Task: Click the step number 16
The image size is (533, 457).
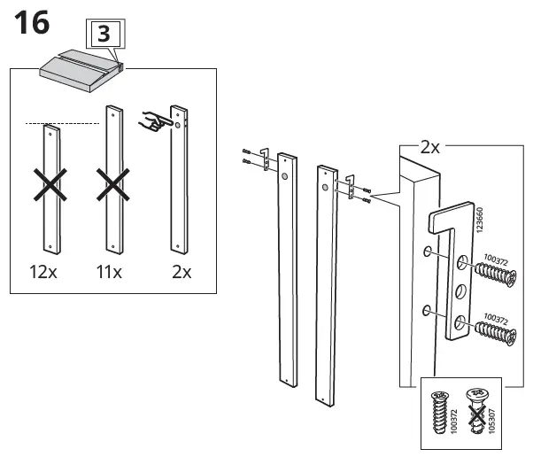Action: [x=28, y=23]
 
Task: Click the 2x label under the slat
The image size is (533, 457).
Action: [x=181, y=272]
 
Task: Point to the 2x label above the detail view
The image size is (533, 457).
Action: [x=429, y=147]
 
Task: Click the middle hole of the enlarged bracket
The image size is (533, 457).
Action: [x=461, y=290]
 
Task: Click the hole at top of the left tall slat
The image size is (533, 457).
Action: [x=285, y=176]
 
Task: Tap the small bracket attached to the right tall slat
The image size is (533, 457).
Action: [x=351, y=185]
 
